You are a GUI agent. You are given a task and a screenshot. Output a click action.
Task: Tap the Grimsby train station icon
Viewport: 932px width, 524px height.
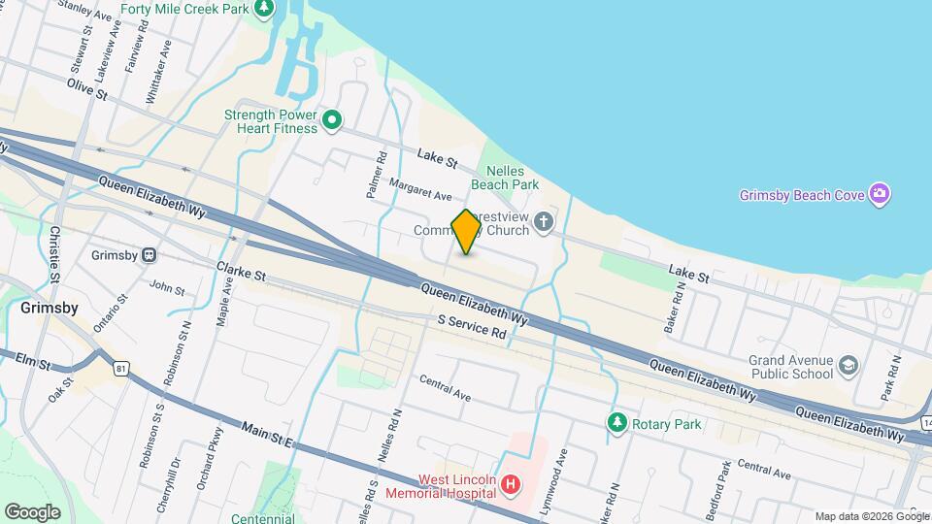click(x=150, y=255)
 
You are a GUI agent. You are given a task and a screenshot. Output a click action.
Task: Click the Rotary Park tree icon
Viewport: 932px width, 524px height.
click(x=616, y=423)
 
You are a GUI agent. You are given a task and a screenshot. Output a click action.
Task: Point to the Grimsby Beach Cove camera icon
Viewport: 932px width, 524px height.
click(x=880, y=194)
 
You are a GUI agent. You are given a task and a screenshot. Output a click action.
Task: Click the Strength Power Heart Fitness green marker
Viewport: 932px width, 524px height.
click(x=332, y=120)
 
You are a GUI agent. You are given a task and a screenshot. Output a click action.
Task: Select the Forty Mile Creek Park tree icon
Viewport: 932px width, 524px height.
click(x=263, y=9)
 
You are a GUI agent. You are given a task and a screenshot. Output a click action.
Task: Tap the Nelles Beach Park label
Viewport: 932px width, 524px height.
click(x=505, y=176)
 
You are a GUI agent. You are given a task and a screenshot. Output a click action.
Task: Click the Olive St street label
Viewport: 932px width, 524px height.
click(x=85, y=88)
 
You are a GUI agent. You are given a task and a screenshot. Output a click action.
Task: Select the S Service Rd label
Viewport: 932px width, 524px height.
click(x=473, y=326)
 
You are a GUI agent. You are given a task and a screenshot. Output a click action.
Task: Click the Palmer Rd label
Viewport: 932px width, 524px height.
click(x=377, y=176)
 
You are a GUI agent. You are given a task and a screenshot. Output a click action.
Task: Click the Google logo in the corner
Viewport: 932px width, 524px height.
click(x=32, y=511)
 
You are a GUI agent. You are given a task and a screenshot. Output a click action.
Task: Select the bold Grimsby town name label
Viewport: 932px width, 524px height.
click(x=50, y=308)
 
